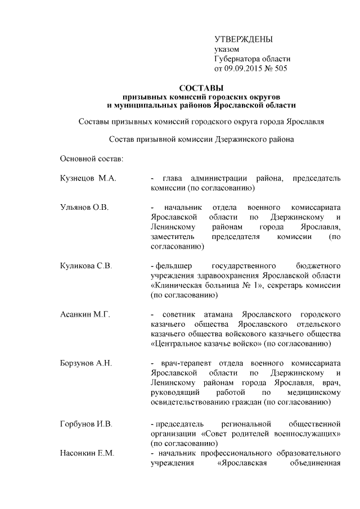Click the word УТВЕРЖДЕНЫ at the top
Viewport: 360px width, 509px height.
(243, 39)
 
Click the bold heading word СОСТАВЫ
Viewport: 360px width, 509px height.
(201, 88)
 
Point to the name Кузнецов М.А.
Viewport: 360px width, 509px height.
(88, 178)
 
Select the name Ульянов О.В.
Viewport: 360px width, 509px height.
(84, 208)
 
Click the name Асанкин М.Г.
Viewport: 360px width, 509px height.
(84, 314)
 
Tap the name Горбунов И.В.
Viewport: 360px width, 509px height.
(86, 422)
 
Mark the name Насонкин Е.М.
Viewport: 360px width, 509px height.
(87, 453)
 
